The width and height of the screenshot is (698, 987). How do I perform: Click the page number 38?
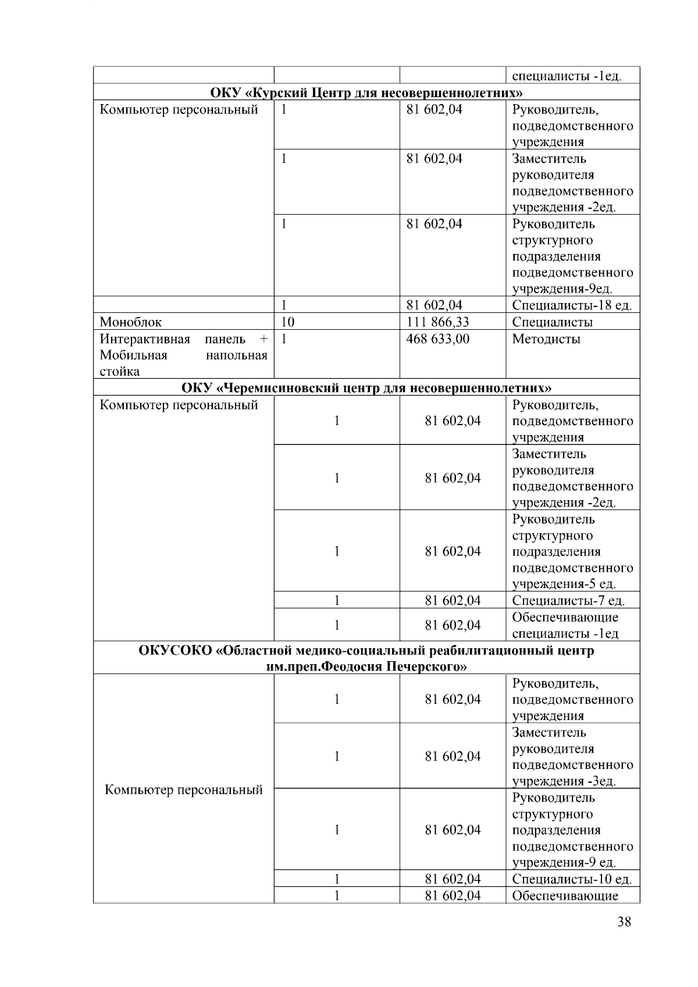pyautogui.click(x=624, y=921)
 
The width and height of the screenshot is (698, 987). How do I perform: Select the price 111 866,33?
pyautogui.click(x=437, y=322)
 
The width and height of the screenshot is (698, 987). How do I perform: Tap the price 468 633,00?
pyautogui.click(x=437, y=338)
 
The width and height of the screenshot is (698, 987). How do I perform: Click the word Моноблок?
pyautogui.click(x=131, y=322)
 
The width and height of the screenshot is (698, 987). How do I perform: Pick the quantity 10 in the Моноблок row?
pyautogui.click(x=287, y=322)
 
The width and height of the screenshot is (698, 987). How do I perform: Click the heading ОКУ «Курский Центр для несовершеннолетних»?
pyautogui.click(x=366, y=92)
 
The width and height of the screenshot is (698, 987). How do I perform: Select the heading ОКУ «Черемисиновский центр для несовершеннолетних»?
pyautogui.click(x=366, y=387)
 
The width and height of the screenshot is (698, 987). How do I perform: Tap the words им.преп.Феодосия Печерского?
pyautogui.click(x=366, y=667)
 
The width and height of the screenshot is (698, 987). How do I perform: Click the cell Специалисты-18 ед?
pyautogui.click(x=572, y=305)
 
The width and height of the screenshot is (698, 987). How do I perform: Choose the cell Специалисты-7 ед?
pyautogui.click(x=568, y=600)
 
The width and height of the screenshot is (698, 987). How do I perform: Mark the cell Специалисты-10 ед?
pyautogui.click(x=572, y=879)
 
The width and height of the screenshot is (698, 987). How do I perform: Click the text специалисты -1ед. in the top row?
pyautogui.click(x=567, y=76)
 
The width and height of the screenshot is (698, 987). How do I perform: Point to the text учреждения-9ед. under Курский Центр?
pyautogui.click(x=562, y=288)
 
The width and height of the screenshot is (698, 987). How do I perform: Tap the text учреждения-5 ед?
pyautogui.click(x=564, y=584)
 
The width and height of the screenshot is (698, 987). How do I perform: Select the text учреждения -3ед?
pyautogui.click(x=564, y=781)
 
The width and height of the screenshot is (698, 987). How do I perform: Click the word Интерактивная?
pyautogui.click(x=145, y=338)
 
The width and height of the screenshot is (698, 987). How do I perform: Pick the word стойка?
pyautogui.click(x=119, y=371)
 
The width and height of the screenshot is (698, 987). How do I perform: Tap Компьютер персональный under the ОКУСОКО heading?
pyautogui.click(x=184, y=790)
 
